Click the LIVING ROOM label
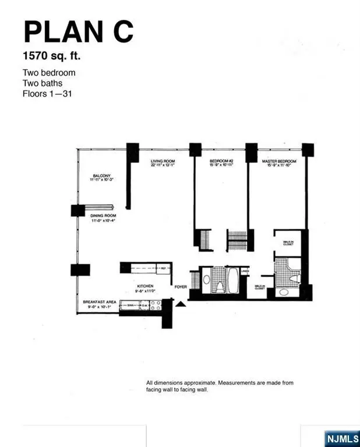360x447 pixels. [x=163, y=161]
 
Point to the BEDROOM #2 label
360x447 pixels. [x=221, y=161]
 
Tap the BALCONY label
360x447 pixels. [x=101, y=176]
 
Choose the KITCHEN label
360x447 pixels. [x=144, y=287]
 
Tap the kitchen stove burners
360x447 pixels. [x=156, y=303]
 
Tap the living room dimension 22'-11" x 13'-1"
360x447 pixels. [x=163, y=165]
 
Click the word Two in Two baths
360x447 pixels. [x=30, y=83]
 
